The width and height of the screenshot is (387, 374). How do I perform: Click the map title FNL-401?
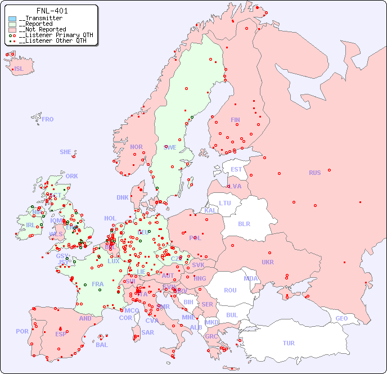tap(52, 11)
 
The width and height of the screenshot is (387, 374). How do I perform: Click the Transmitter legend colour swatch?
tap(12, 19)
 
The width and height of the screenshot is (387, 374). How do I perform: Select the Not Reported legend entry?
tap(42, 29)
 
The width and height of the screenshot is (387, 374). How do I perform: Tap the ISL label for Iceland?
tap(19, 69)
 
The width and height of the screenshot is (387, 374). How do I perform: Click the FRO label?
tap(48, 119)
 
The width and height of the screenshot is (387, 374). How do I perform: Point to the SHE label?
tap(66, 152)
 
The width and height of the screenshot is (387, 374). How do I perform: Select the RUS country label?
tap(315, 173)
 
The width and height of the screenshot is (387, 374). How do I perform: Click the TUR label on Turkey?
tap(289, 343)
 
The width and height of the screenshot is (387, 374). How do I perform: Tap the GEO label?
tap(341, 318)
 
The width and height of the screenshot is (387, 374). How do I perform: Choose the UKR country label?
tap(268, 262)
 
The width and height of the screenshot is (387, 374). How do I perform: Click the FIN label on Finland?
tap(235, 120)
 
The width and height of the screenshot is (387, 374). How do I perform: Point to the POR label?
tap(22, 331)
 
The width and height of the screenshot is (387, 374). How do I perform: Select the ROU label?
tap(230, 290)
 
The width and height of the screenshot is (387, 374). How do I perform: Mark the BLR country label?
tap(244, 223)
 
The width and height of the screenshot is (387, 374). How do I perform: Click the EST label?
tap(236, 169)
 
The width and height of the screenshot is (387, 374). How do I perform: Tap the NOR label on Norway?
tap(136, 147)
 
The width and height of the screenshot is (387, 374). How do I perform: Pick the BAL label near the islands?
tap(102, 345)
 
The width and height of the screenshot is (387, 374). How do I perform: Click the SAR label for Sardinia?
tap(147, 332)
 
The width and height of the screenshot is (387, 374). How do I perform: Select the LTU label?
tap(225, 203)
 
